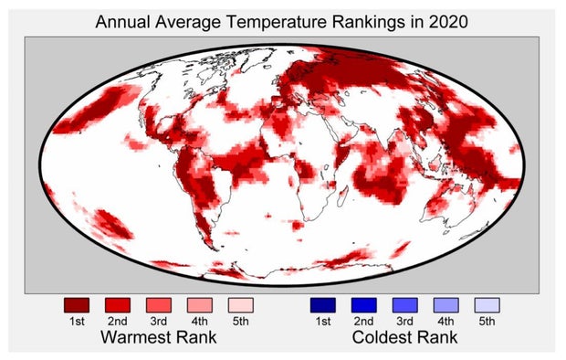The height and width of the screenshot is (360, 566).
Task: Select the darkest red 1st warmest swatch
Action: click(x=77, y=304)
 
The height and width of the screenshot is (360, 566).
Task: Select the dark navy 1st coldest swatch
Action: click(x=323, y=304)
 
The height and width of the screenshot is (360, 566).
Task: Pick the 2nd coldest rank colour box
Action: click(x=364, y=304)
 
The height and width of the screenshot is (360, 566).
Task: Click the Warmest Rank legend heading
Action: click(x=160, y=338)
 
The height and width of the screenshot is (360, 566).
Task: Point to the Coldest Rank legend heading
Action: click(x=405, y=338)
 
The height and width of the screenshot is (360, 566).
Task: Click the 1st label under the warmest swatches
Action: click(x=77, y=321)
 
